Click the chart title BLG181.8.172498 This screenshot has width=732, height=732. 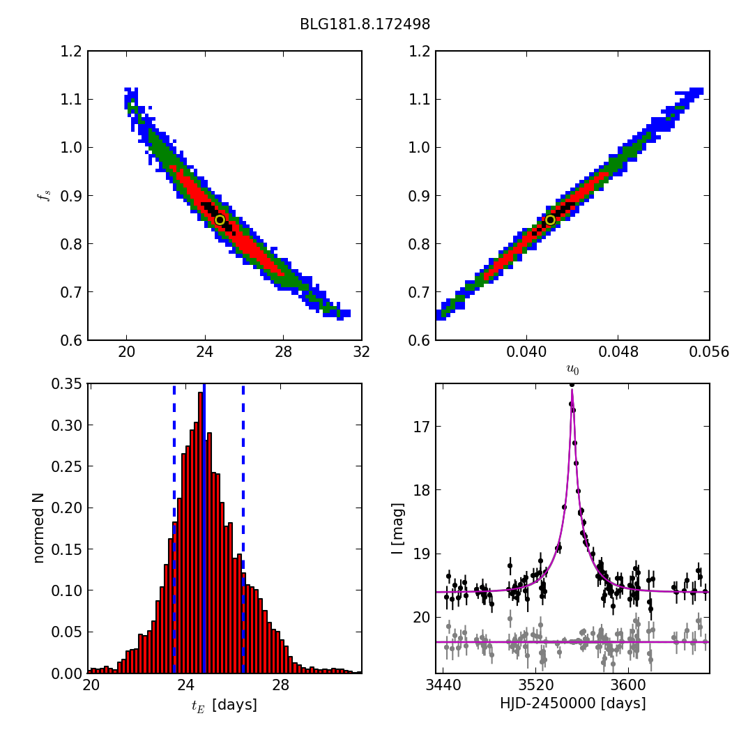coord(365,24)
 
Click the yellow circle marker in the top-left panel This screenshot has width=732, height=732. coord(220,220)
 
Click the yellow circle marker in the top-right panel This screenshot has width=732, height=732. coord(550,220)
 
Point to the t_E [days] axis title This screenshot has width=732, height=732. coord(224,706)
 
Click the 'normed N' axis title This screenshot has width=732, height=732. coord(38,528)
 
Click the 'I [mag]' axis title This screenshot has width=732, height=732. coord(397,528)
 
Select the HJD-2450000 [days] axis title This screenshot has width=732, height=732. coord(572,704)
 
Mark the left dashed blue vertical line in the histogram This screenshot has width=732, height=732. coord(174,528)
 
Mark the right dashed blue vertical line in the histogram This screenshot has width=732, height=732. coord(243,528)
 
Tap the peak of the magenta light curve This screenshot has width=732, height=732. coord(572,386)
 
